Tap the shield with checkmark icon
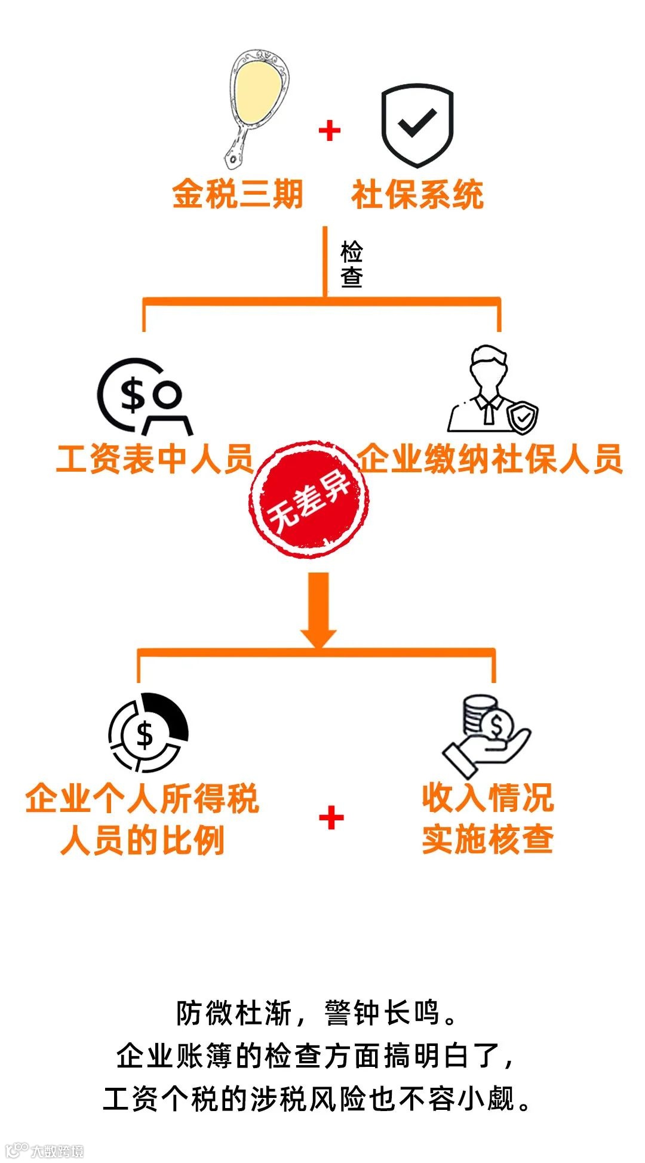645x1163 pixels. pos(417,125)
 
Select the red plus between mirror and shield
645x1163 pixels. pos(330,131)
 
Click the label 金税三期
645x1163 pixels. pos(238,194)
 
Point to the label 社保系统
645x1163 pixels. pos(417,195)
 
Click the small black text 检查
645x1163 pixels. pos(352,264)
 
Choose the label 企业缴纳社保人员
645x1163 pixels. pos(490,459)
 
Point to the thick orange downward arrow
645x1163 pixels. pos(318,609)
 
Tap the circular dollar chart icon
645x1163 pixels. pos(148,733)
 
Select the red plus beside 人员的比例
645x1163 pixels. pos(331,817)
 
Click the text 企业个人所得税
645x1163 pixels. pos(142,798)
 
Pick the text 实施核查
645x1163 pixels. pos(487,839)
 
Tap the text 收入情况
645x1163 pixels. pos(487,798)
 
